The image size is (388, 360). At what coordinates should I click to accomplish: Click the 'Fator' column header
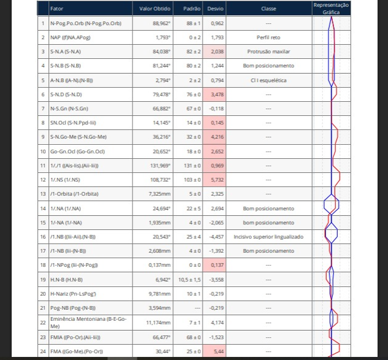coord(56,9)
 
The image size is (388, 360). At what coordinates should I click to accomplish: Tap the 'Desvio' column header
coord(216,9)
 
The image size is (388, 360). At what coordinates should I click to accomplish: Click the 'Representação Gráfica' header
coord(331,8)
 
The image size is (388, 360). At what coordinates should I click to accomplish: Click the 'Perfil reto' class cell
coord(268,37)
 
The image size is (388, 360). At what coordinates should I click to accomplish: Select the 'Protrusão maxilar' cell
coord(268,52)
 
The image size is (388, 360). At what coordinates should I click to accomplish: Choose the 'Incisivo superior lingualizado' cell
coord(268,236)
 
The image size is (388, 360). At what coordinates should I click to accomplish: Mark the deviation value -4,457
coord(217,236)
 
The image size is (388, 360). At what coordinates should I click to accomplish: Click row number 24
coord(43,351)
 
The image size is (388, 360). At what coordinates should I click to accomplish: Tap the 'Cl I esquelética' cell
coord(268,80)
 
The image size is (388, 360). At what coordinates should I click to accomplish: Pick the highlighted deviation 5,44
coord(217,351)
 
